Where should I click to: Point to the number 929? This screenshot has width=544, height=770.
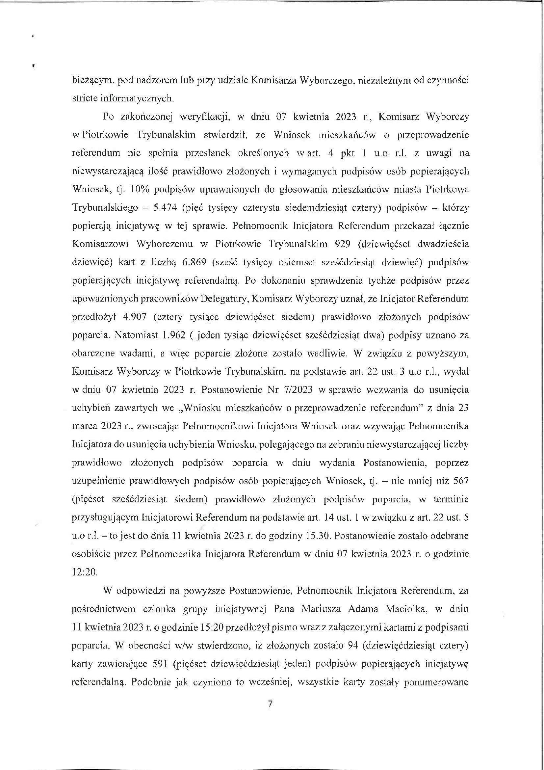pos(341,244)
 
